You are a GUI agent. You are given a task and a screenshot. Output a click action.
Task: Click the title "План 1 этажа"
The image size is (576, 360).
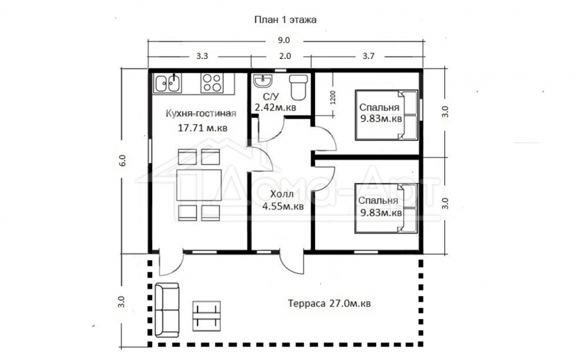pos(285,19)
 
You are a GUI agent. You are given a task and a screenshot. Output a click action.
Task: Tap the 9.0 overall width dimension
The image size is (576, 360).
pos(285,40)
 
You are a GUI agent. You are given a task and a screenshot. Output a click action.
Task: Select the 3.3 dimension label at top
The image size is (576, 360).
pos(202,56)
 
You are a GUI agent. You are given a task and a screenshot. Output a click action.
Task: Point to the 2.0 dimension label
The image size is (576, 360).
pos(285,56)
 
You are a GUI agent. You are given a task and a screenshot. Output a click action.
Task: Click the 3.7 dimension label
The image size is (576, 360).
pos(369,56)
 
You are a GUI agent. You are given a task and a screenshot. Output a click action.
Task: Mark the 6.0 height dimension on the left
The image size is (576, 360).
pos(123,160)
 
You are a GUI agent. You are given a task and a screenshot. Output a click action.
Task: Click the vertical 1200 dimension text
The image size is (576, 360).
pos(333,98)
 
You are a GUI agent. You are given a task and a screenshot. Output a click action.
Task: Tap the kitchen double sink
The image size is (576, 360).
pos(168,83)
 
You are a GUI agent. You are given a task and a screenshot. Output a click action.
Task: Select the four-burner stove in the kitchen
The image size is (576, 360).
pos(212,83)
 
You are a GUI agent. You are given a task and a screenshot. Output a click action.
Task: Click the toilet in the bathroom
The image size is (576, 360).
pos(298,87)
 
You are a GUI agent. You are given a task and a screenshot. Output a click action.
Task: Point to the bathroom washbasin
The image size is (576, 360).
pos(262,81)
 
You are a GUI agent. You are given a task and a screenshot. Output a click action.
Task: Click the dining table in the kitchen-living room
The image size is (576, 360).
pos(198,185)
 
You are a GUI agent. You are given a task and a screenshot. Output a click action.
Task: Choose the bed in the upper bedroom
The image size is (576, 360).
pos(387,115)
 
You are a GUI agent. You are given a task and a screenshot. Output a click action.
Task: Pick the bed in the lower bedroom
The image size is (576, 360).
pos(387,208)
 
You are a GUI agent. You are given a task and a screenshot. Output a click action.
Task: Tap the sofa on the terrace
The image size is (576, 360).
pos(167,309)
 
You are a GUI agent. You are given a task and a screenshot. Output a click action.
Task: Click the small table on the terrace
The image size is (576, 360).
pos(207,314)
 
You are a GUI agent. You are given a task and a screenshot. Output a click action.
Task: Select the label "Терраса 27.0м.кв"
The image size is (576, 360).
pos(329,304)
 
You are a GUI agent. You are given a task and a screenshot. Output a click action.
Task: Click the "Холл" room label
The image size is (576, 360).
pos(282,194)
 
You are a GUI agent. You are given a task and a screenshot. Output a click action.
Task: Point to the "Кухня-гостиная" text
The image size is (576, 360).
pos(201,113)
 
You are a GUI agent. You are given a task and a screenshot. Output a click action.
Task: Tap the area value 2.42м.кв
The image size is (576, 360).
pos(276,108)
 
